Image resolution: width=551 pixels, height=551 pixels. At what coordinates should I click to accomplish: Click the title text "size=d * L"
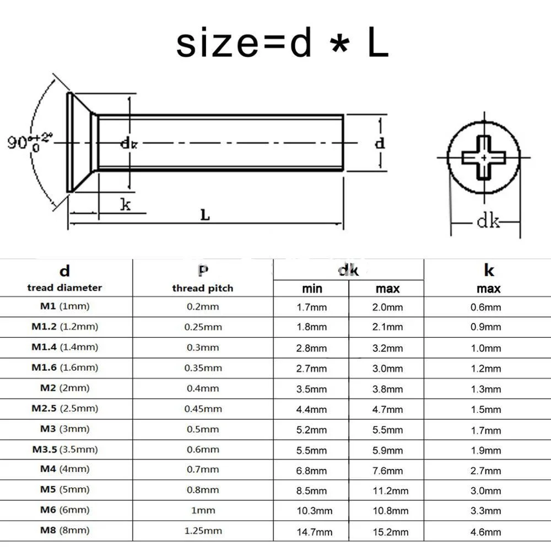(x=282, y=45)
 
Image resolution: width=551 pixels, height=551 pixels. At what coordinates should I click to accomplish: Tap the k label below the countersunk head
(x=126, y=205)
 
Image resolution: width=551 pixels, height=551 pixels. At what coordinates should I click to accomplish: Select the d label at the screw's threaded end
(x=380, y=143)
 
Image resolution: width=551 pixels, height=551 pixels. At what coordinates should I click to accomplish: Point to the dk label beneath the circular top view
(x=488, y=222)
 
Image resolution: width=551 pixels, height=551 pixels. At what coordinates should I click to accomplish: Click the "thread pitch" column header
(x=202, y=288)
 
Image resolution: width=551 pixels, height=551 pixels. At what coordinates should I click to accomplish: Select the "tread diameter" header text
(x=64, y=288)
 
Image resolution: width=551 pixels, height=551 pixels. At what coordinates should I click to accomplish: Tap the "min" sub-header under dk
(x=312, y=289)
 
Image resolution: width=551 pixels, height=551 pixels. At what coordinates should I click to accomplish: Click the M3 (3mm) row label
(x=64, y=429)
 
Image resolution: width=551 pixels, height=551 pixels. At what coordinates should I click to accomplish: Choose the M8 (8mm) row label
(x=64, y=531)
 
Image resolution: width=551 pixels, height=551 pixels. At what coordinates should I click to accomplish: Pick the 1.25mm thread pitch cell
(x=203, y=531)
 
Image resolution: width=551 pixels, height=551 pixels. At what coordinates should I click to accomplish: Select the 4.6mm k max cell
(x=485, y=532)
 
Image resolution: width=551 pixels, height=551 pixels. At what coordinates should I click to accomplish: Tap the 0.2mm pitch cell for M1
(x=203, y=306)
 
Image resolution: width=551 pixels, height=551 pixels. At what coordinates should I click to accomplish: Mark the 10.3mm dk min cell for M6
(x=312, y=511)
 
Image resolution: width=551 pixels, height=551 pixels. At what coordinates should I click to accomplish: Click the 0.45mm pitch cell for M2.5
(x=203, y=408)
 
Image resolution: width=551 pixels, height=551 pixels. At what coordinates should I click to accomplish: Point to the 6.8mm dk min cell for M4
(x=312, y=470)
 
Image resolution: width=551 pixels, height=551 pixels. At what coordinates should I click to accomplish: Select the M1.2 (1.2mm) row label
(x=64, y=327)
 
